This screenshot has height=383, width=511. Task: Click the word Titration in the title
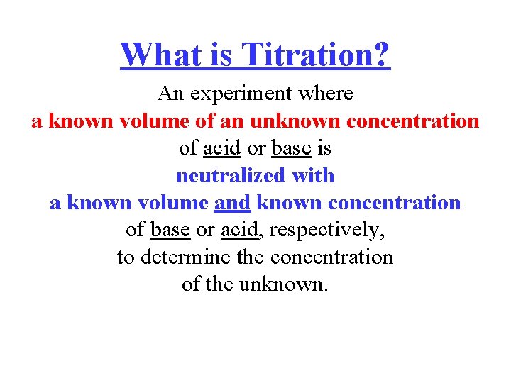coord(307,54)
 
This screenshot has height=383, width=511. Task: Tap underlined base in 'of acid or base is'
coord(291,148)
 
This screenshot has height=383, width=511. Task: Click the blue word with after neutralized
coord(312,175)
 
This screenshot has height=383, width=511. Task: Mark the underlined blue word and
coord(232,203)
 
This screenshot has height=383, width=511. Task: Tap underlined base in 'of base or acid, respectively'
coord(171,230)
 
